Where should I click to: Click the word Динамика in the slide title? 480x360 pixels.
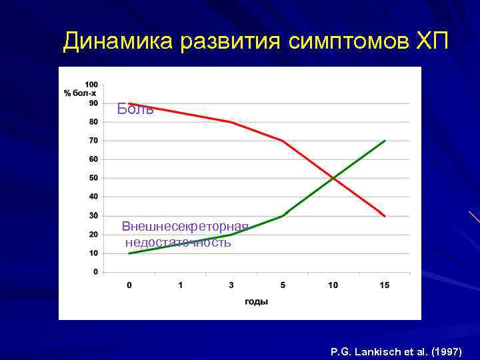click(x=117, y=43)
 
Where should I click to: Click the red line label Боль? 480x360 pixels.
click(x=135, y=109)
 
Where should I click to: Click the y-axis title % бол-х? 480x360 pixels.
click(x=81, y=93)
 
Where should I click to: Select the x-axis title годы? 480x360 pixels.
click(x=257, y=301)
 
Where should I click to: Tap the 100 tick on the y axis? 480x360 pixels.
click(x=91, y=85)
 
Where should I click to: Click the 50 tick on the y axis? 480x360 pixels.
click(x=93, y=178)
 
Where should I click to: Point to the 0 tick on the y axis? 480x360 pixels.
click(x=95, y=272)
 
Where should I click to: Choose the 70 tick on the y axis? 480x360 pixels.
click(x=93, y=141)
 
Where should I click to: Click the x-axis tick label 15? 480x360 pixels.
click(x=384, y=285)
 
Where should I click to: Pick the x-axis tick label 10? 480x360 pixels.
click(x=333, y=285)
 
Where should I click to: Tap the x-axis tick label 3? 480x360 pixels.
click(x=231, y=285)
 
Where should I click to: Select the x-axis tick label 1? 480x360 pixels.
click(x=180, y=285)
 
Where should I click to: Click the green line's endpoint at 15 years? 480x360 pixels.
click(x=385, y=141)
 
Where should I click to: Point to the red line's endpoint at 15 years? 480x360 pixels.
click(x=385, y=216)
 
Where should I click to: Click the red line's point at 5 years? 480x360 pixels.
click(x=283, y=141)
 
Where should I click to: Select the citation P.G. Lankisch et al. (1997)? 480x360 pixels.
click(x=396, y=350)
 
